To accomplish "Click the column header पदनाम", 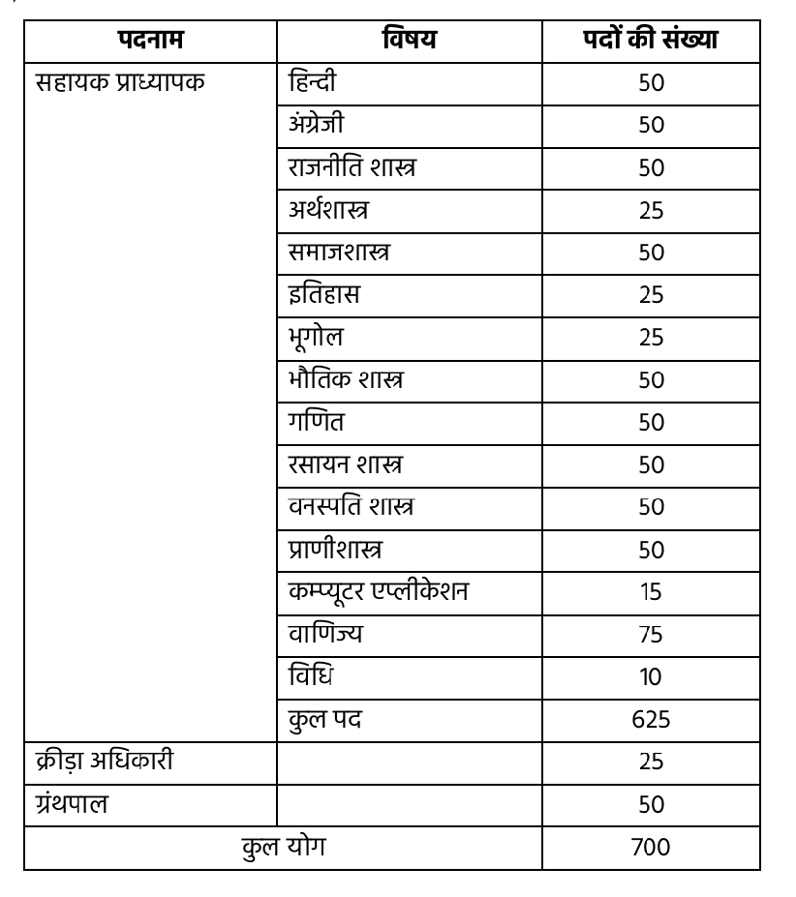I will (x=150, y=41).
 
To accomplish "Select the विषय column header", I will (x=409, y=41).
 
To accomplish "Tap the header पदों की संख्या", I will (x=651, y=41).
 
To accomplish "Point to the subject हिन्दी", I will (x=313, y=82).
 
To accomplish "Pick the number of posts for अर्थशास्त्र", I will (x=651, y=210).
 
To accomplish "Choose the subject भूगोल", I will (x=316, y=338).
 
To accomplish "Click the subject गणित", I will (x=316, y=422).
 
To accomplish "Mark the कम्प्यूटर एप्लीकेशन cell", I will (x=379, y=591).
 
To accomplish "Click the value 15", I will (x=651, y=591).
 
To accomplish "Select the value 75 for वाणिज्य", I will (x=651, y=634).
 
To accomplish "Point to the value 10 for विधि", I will (x=651, y=676).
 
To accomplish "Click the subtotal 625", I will (x=651, y=719).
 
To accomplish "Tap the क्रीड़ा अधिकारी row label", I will (x=105, y=762).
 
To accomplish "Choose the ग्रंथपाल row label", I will (x=72, y=804).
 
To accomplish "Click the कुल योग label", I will (x=284, y=847).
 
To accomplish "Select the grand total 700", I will (x=651, y=847).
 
